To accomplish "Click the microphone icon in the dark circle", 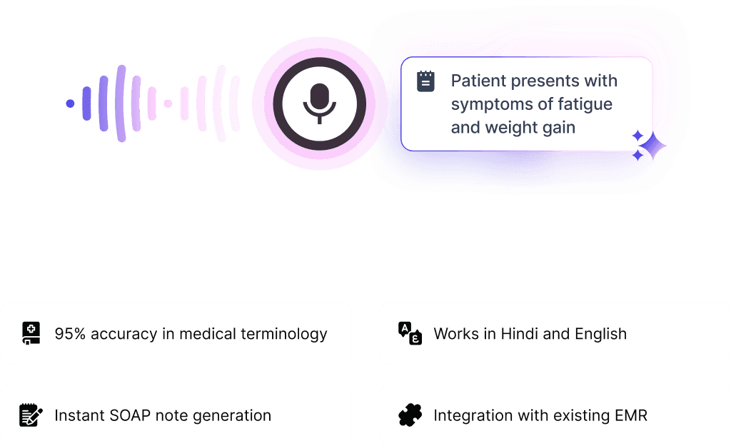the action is [319, 103].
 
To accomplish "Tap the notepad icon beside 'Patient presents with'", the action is [425, 81].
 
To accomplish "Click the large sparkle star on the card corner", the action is [652, 146].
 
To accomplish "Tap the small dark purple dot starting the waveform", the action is [70, 103].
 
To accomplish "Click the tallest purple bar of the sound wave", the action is [121, 103].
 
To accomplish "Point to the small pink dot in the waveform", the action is [168, 103].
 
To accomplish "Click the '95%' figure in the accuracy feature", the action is [70, 334].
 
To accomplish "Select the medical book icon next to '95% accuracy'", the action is [31, 333].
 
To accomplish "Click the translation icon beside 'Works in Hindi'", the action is [410, 333].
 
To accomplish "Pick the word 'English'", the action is [600, 334].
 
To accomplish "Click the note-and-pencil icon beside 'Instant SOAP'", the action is [31, 415].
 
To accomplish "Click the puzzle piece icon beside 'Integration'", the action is [410, 415].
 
